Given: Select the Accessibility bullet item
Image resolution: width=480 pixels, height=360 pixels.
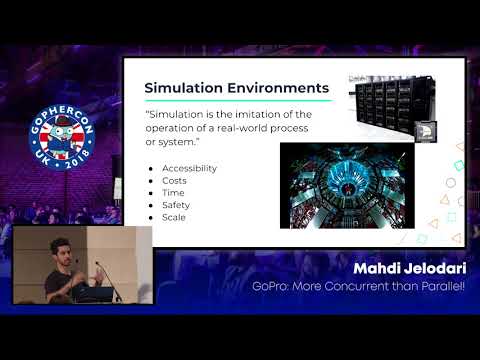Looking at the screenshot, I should pyautogui.click(x=188, y=168).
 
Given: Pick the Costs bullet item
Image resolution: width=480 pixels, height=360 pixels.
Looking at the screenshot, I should pyautogui.click(x=174, y=180).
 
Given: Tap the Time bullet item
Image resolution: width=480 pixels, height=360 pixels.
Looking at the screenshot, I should pyautogui.click(x=172, y=192).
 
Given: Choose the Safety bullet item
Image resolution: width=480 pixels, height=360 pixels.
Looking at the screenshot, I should pyautogui.click(x=175, y=204).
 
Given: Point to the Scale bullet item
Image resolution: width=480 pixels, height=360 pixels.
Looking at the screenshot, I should pyautogui.click(x=173, y=216).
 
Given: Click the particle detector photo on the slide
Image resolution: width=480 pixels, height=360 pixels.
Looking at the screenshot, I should pyautogui.click(x=346, y=185).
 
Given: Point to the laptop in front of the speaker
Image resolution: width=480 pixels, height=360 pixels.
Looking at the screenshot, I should pyautogui.click(x=95, y=292).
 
